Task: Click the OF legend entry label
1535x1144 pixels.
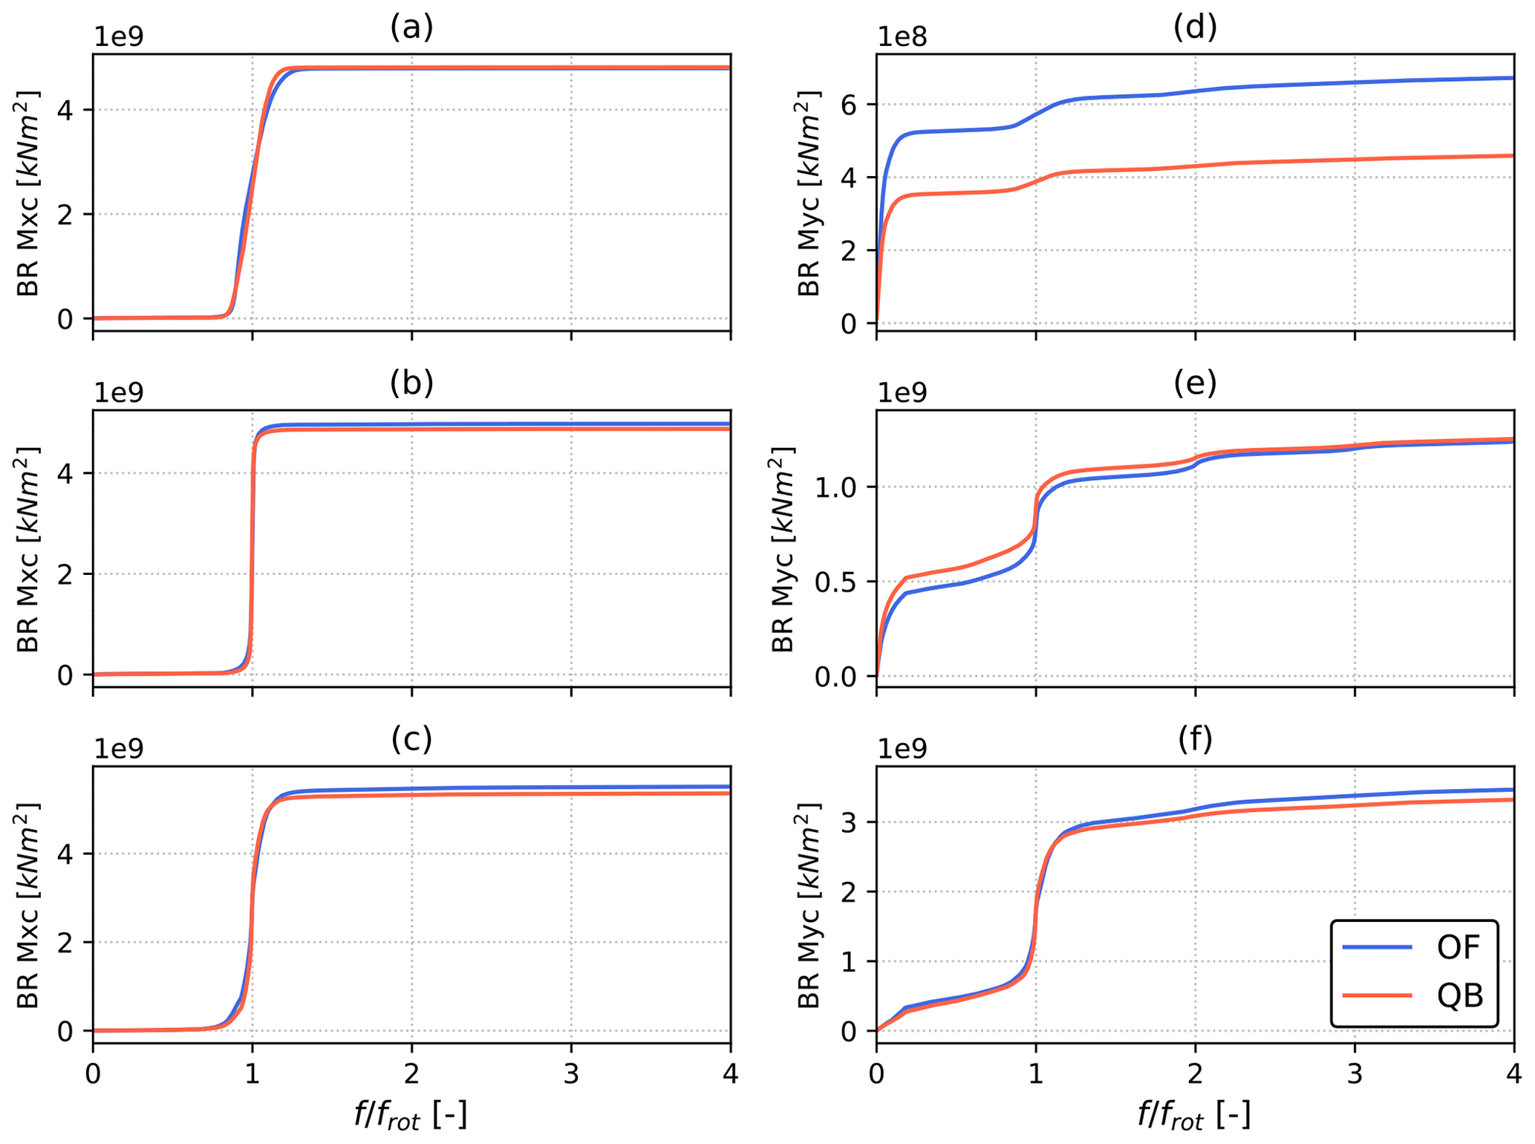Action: tap(1459, 947)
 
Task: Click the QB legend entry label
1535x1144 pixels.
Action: tap(1459, 995)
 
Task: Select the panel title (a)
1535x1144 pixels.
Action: tap(411, 27)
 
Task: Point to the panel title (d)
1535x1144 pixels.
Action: tap(1194, 27)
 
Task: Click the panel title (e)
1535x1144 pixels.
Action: tap(1194, 383)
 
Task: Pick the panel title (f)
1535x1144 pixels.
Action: tap(1194, 739)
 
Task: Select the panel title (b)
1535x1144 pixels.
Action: tap(411, 383)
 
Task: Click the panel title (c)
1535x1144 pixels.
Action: tap(411, 739)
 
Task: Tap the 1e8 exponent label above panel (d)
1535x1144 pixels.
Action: tap(902, 37)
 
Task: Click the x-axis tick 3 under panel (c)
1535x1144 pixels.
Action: tap(571, 1075)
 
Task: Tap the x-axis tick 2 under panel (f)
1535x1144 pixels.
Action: tap(1195, 1075)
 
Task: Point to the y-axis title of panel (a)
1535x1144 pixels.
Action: tap(28, 193)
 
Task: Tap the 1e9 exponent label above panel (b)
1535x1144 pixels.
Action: tap(119, 393)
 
